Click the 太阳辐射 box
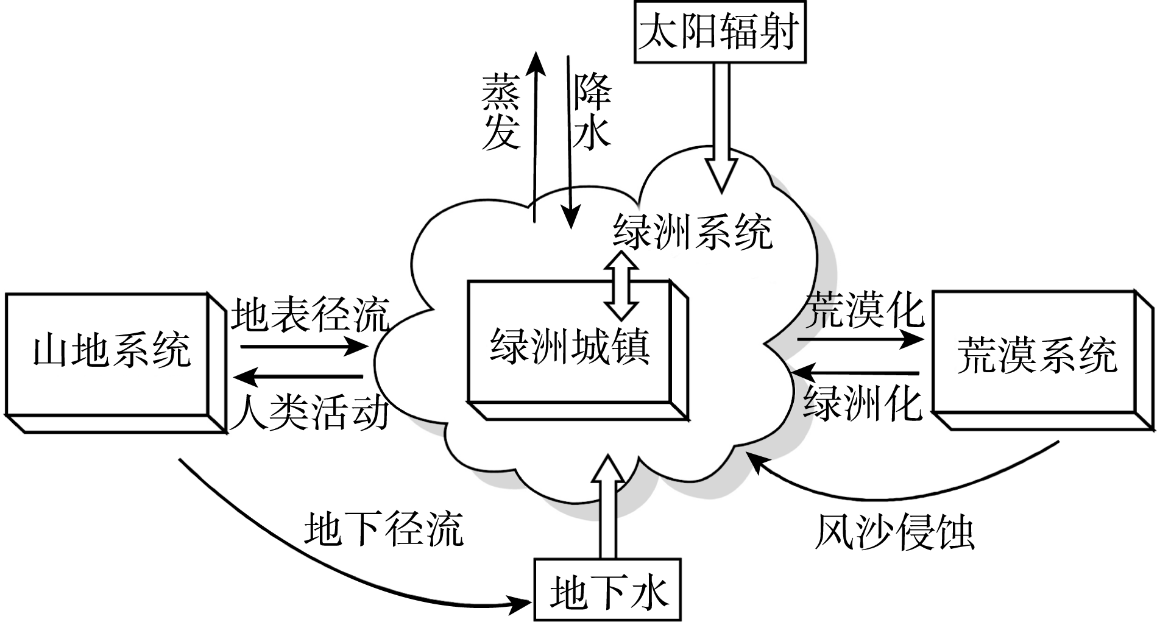(x=720, y=32)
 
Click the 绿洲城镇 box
(x=570, y=347)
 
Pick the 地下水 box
(x=607, y=590)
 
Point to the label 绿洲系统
(x=692, y=232)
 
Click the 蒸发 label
(x=501, y=113)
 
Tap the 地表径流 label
(x=310, y=314)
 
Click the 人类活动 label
(x=310, y=412)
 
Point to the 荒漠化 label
(x=865, y=309)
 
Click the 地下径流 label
(x=383, y=528)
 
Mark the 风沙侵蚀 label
(x=894, y=534)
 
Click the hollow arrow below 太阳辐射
(x=722, y=128)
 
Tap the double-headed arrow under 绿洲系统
(x=622, y=293)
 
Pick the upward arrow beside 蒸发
(x=535, y=134)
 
